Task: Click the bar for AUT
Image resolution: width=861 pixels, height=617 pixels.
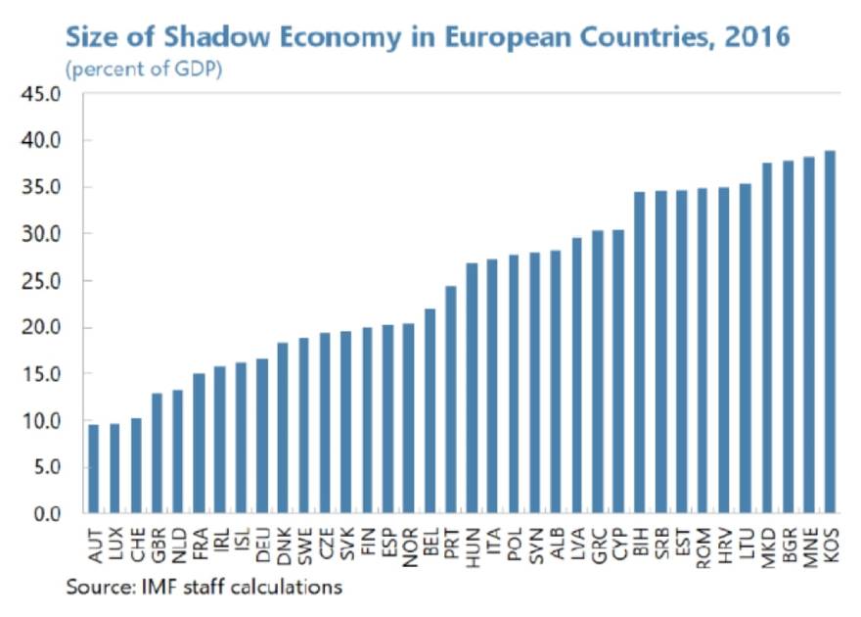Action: point(94,469)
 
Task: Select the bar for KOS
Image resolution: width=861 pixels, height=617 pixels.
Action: point(830,332)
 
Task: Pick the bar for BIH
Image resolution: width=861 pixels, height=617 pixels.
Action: point(640,353)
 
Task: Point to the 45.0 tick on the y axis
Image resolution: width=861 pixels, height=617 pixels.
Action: point(42,94)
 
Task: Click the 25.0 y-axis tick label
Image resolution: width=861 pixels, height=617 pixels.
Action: point(42,281)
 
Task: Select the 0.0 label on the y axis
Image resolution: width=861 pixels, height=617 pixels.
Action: point(47,514)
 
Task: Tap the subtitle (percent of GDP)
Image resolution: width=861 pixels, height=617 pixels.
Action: point(143,70)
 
